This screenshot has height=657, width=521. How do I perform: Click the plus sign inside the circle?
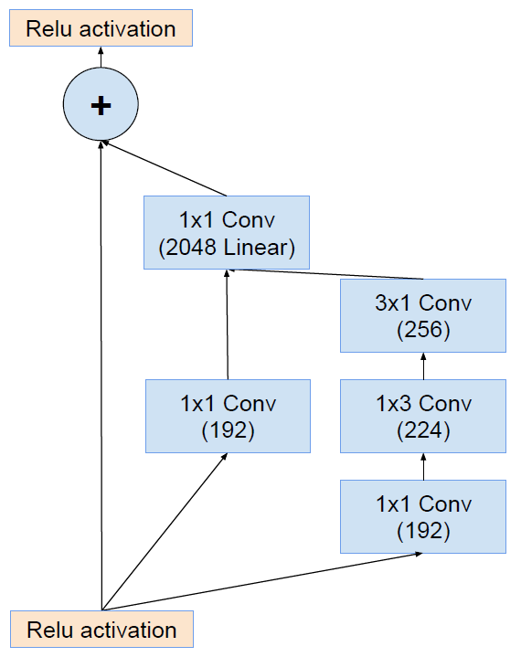(x=101, y=105)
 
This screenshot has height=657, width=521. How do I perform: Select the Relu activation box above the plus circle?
(x=101, y=28)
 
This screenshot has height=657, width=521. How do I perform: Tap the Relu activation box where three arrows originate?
(x=101, y=630)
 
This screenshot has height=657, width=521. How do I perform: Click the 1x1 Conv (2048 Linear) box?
(x=227, y=232)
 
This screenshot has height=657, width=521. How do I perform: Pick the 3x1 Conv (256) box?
(x=422, y=315)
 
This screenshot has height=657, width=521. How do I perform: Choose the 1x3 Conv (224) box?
(x=422, y=416)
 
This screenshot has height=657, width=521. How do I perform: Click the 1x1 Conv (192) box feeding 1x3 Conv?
(x=422, y=516)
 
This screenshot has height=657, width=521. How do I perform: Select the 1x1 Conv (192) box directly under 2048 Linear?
(x=227, y=416)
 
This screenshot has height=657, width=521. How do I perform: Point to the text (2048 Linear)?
(x=227, y=247)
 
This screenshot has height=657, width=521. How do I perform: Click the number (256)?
(x=423, y=330)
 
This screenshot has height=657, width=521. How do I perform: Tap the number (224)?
(x=423, y=430)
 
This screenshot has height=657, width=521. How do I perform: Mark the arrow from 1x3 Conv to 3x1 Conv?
(x=423, y=366)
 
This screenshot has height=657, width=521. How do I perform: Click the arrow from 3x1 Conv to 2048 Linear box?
(x=329, y=274)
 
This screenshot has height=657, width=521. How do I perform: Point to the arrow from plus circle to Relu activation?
(x=101, y=58)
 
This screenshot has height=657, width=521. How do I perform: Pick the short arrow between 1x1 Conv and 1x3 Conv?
(x=423, y=466)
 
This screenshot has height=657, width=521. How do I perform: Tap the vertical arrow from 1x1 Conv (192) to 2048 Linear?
(x=227, y=324)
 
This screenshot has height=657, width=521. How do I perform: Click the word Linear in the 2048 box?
(x=260, y=247)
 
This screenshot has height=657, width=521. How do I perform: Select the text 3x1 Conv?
(x=423, y=302)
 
